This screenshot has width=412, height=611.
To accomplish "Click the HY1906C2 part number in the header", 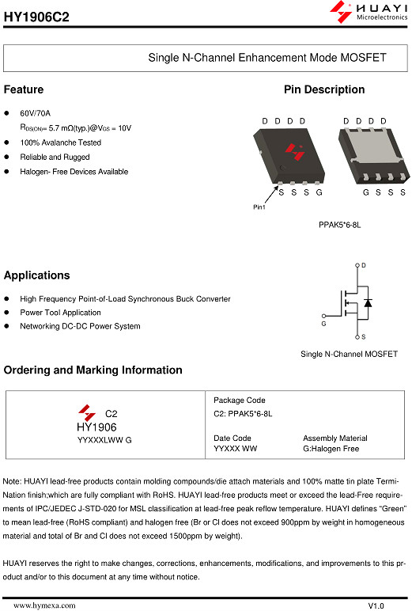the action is (36, 17).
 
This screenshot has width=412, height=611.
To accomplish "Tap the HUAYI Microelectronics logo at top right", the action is (369, 11).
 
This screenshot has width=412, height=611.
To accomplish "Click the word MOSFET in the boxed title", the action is (363, 58).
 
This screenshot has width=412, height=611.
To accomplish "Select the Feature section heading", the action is (24, 89).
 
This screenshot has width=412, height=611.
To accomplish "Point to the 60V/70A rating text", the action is (35, 113).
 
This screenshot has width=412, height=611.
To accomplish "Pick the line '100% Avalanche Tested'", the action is (60, 142).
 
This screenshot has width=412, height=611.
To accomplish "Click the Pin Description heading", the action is (324, 89).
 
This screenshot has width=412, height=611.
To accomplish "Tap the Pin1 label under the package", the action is (259, 207).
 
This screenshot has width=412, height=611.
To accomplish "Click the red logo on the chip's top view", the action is (295, 152).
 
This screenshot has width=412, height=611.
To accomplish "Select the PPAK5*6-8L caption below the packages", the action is (339, 225).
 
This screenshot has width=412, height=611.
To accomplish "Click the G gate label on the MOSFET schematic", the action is (323, 324).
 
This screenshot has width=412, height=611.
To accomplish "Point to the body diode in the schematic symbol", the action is (368, 302).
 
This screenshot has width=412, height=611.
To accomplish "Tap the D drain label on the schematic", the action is (363, 265).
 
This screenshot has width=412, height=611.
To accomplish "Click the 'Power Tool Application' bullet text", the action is (60, 313).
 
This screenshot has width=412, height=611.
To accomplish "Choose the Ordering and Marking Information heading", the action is (93, 370).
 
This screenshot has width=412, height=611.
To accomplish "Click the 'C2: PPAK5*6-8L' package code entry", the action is (243, 413).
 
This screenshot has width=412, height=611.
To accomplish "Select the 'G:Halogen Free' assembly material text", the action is (331, 449).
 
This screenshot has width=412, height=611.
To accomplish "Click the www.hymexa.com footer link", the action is (44, 605).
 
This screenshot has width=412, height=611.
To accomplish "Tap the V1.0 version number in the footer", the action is (376, 605).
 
